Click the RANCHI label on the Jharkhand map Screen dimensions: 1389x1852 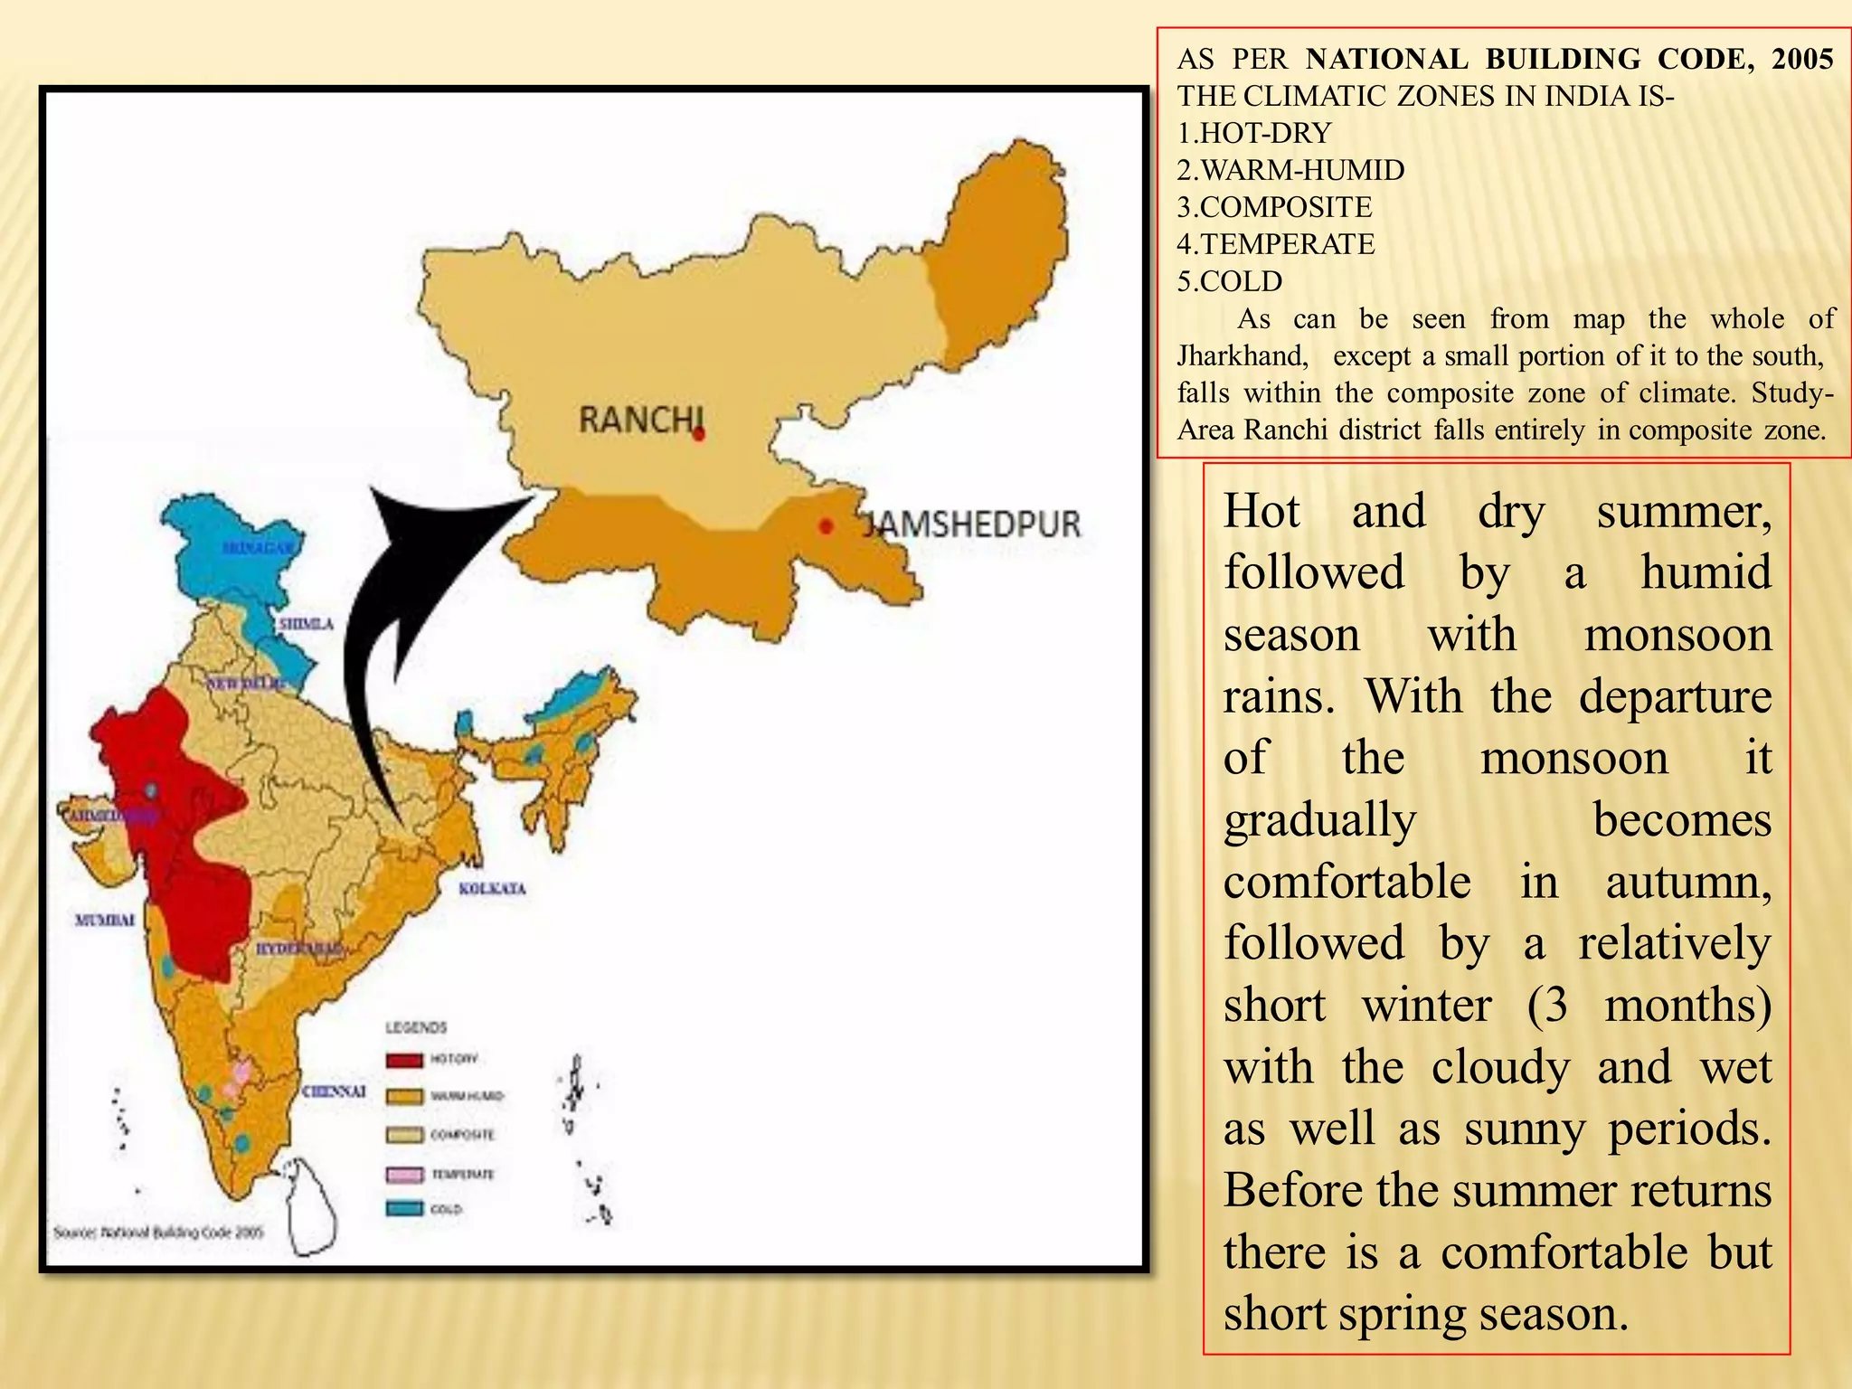(x=639, y=420)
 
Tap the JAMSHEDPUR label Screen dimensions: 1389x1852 (x=971, y=524)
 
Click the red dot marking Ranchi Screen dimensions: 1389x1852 (x=699, y=435)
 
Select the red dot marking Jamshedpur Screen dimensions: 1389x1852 (x=826, y=526)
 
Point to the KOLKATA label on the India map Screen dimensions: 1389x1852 (x=492, y=889)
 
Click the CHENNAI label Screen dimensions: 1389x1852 (x=334, y=1091)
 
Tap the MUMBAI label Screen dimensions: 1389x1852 (x=105, y=920)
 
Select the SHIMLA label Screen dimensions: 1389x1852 (x=306, y=624)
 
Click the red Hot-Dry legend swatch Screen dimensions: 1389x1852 (x=404, y=1060)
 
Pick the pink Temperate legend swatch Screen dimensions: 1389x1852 (x=404, y=1174)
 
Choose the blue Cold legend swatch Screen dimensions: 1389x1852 (x=404, y=1208)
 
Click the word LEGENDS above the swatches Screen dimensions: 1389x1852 (x=416, y=1027)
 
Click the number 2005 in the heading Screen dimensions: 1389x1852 (x=1802, y=59)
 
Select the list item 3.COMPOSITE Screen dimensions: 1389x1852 (x=1274, y=207)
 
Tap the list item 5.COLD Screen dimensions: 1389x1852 (x=1229, y=281)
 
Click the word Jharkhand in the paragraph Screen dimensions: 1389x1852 (x=1243, y=355)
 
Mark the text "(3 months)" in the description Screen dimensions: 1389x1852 (x=1649, y=1005)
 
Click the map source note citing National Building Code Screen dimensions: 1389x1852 (x=158, y=1232)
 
